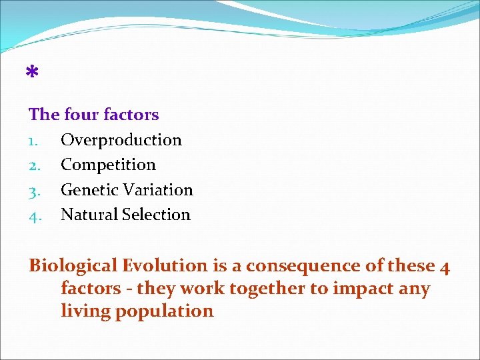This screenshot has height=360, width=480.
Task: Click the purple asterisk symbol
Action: click(31, 72)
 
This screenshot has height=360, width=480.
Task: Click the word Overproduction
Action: click(121, 140)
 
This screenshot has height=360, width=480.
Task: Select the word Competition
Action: click(108, 165)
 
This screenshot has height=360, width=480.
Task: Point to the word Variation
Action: click(157, 190)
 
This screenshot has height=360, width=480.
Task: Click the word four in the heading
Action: click(80, 115)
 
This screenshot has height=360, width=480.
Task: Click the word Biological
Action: click(73, 266)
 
